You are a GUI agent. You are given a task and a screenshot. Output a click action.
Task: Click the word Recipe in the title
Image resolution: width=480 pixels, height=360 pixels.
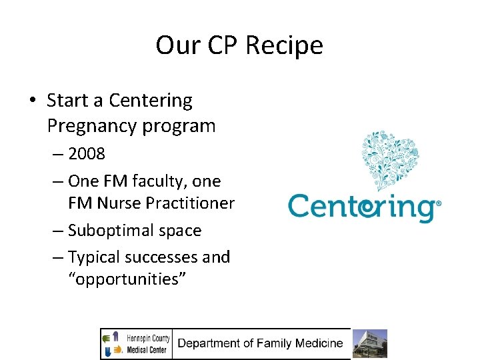point(284,46)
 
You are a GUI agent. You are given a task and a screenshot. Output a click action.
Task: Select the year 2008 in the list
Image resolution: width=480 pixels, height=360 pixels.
point(87,154)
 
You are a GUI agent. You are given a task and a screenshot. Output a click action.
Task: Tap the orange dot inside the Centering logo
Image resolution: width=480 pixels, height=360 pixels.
point(366,209)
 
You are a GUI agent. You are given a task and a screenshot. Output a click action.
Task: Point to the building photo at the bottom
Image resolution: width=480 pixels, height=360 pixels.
point(369,344)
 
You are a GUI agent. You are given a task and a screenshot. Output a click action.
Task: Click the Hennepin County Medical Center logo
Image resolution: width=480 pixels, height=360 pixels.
point(137,344)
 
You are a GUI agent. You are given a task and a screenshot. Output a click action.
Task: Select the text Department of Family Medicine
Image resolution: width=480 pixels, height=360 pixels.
point(260,344)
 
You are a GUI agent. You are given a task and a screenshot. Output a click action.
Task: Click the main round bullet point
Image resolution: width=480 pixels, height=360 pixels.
point(32,101)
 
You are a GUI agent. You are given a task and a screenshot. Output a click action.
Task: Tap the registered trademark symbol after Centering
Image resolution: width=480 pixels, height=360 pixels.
point(438,203)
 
